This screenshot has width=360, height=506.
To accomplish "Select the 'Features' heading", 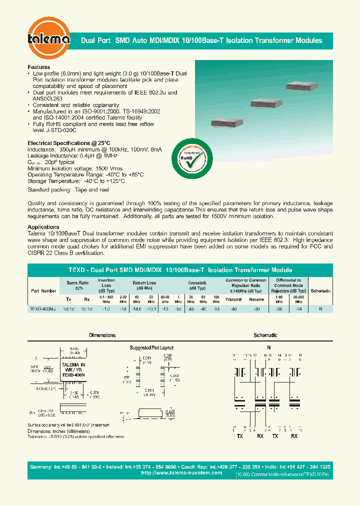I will [39, 67].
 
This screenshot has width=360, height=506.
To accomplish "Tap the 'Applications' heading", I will [43, 227].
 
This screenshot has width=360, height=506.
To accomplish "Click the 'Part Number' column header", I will [43, 290].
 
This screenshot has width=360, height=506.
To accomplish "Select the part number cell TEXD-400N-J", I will [43, 309].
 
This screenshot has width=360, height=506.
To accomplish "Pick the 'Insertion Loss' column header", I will [106, 284].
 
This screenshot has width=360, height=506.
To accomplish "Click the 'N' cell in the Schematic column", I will [320, 309].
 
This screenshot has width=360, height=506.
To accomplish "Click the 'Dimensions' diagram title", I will [102, 335].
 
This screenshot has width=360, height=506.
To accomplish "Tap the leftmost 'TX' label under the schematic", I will [240, 436].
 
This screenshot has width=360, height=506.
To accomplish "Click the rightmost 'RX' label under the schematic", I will [294, 436].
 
